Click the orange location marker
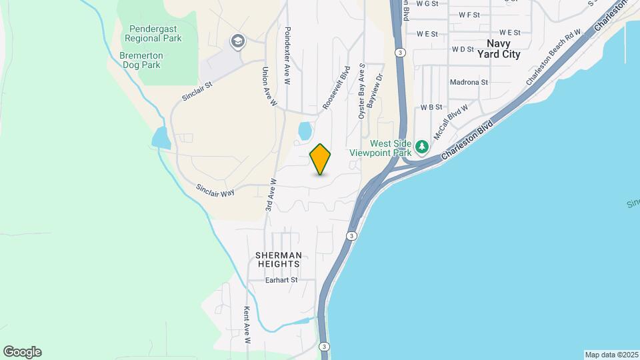coord(321,159)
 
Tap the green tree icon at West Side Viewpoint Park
coord(421,146)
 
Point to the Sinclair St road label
coord(197,92)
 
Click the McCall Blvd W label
coord(451,121)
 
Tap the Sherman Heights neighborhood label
coord(279,259)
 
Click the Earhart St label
coord(281,281)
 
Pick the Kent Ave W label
coord(247,325)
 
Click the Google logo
coord(22,352)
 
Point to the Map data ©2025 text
coord(611,355)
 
